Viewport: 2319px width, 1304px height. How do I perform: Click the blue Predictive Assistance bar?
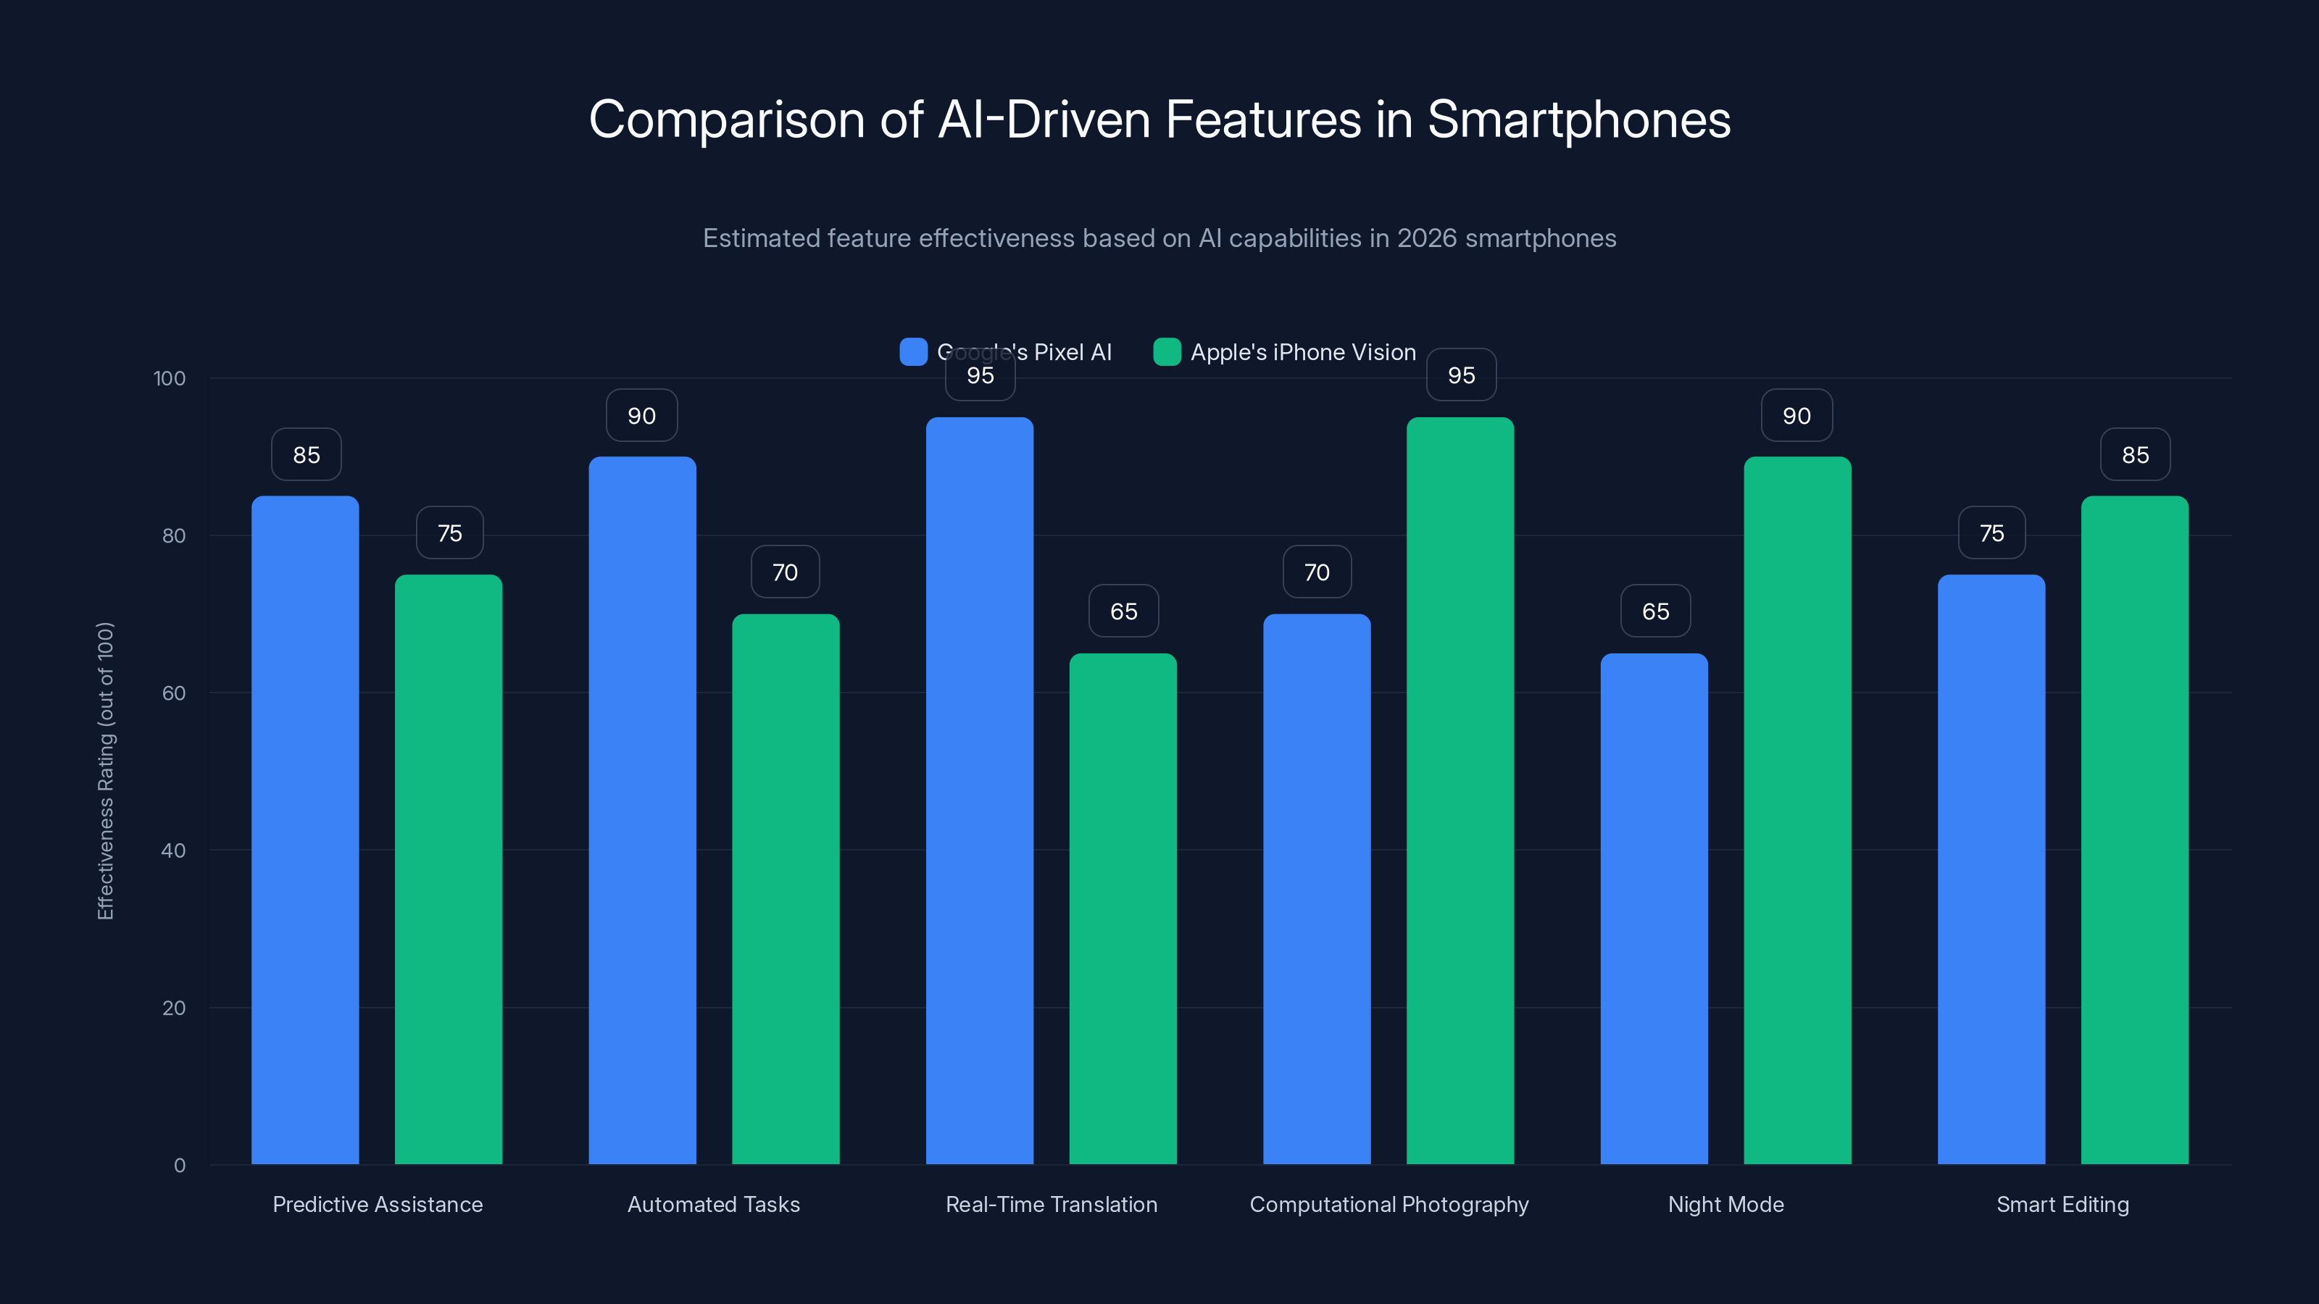coord(305,828)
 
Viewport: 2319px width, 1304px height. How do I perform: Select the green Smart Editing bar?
coord(2134,828)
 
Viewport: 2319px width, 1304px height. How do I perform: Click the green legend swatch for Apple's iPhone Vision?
coord(1167,352)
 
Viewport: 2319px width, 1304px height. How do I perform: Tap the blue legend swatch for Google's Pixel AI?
coord(913,352)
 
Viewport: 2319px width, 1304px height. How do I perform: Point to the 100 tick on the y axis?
coord(170,378)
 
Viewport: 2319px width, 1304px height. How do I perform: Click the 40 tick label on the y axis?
coord(173,850)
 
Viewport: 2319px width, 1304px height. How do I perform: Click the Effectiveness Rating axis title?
coord(105,770)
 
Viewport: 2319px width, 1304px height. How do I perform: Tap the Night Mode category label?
coord(1725,1204)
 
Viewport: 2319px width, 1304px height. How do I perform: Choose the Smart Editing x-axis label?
coord(2062,1204)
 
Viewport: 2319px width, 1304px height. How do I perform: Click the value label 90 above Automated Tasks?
coord(641,416)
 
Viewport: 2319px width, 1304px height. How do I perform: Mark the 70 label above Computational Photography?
coord(1316,572)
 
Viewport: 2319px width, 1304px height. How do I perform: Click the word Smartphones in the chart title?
coord(1578,120)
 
